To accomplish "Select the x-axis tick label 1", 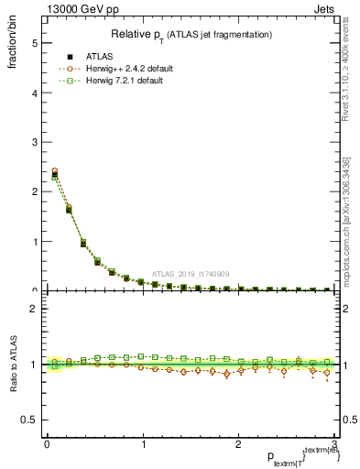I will click(x=143, y=444).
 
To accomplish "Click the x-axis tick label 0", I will click(x=47, y=444).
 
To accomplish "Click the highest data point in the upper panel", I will click(x=54, y=171).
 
